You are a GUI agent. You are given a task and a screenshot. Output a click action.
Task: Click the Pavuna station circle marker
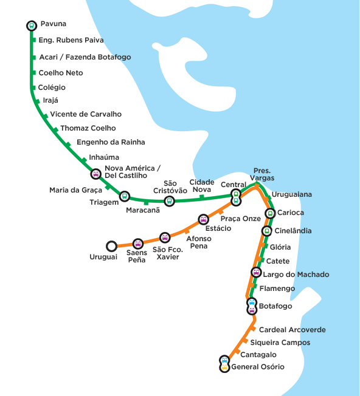click(32, 26)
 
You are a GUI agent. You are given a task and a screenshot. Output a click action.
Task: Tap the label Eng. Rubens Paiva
click(71, 40)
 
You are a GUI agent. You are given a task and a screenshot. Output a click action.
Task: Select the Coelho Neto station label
click(61, 73)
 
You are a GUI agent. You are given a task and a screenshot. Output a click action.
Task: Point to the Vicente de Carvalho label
click(86, 114)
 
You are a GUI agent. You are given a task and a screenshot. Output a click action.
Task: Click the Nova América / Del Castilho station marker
click(96, 174)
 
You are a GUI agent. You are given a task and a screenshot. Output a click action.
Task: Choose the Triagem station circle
click(125, 196)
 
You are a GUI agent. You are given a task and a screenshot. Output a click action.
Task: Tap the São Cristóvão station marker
click(170, 201)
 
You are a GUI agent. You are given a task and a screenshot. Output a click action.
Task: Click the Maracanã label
click(143, 210)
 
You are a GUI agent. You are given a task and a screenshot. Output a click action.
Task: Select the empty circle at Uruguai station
click(111, 246)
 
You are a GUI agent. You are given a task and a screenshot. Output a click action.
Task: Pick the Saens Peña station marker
click(138, 244)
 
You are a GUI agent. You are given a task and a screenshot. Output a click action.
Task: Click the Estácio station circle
click(203, 219)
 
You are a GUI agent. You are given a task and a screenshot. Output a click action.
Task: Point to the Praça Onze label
click(241, 219)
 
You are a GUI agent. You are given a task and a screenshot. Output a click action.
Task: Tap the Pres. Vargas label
click(262, 174)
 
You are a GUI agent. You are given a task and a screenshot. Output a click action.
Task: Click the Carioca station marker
click(270, 213)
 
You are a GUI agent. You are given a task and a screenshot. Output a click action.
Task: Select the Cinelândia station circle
click(266, 231)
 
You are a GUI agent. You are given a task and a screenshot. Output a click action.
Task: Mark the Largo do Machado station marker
click(256, 272)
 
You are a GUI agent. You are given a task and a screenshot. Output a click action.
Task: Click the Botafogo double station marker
click(252, 306)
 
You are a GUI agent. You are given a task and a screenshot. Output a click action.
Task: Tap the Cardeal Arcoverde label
click(292, 330)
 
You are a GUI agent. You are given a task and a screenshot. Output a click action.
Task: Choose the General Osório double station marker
click(224, 364)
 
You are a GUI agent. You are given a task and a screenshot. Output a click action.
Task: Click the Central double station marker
click(236, 197)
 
